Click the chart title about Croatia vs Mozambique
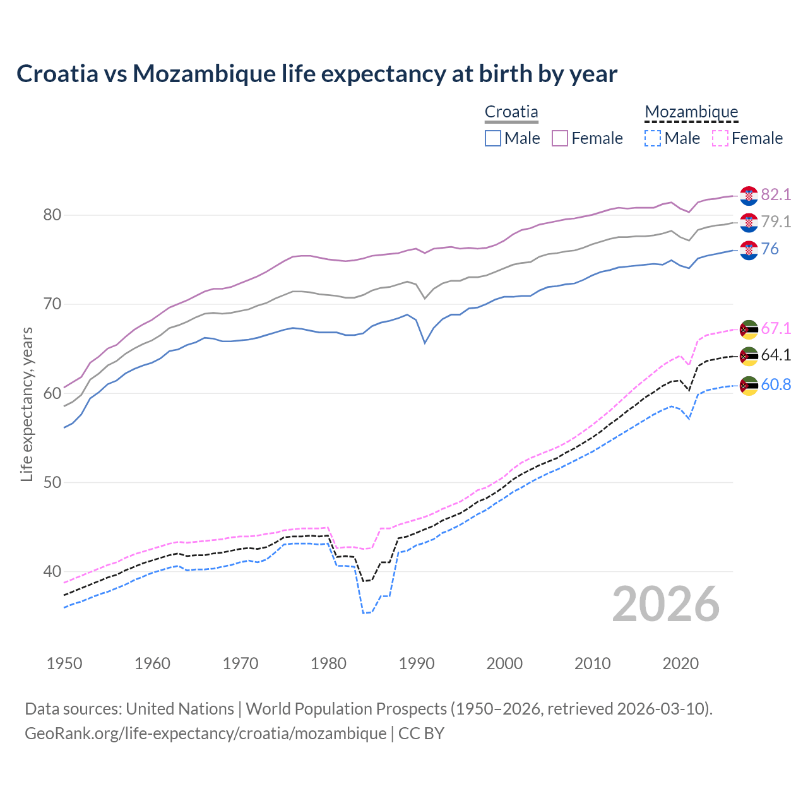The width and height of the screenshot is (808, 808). [316, 74]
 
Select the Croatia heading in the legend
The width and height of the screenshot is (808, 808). [511, 112]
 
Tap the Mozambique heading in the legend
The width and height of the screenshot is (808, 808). [691, 112]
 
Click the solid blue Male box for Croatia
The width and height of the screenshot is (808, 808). [493, 138]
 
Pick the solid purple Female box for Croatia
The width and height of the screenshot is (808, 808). [560, 138]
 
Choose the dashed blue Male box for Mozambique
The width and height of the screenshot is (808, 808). [653, 138]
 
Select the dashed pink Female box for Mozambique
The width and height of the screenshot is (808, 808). [720, 138]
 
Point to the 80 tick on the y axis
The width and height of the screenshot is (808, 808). [52, 215]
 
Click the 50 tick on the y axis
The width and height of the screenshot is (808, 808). [52, 482]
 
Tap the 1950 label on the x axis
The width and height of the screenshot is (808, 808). [64, 663]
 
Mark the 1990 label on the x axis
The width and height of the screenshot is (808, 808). [417, 663]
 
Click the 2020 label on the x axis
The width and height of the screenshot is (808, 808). [680, 663]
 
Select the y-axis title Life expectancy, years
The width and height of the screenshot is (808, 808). [27, 404]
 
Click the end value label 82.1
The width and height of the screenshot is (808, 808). [776, 194]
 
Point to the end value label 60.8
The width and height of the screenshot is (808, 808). [776, 384]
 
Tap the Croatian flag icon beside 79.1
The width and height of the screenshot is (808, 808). [749, 222]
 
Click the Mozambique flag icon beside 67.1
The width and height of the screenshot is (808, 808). [749, 330]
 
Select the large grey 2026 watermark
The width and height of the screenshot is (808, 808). [665, 604]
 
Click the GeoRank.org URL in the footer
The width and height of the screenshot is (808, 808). [205, 734]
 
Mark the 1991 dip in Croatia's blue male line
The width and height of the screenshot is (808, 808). [425, 343]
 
